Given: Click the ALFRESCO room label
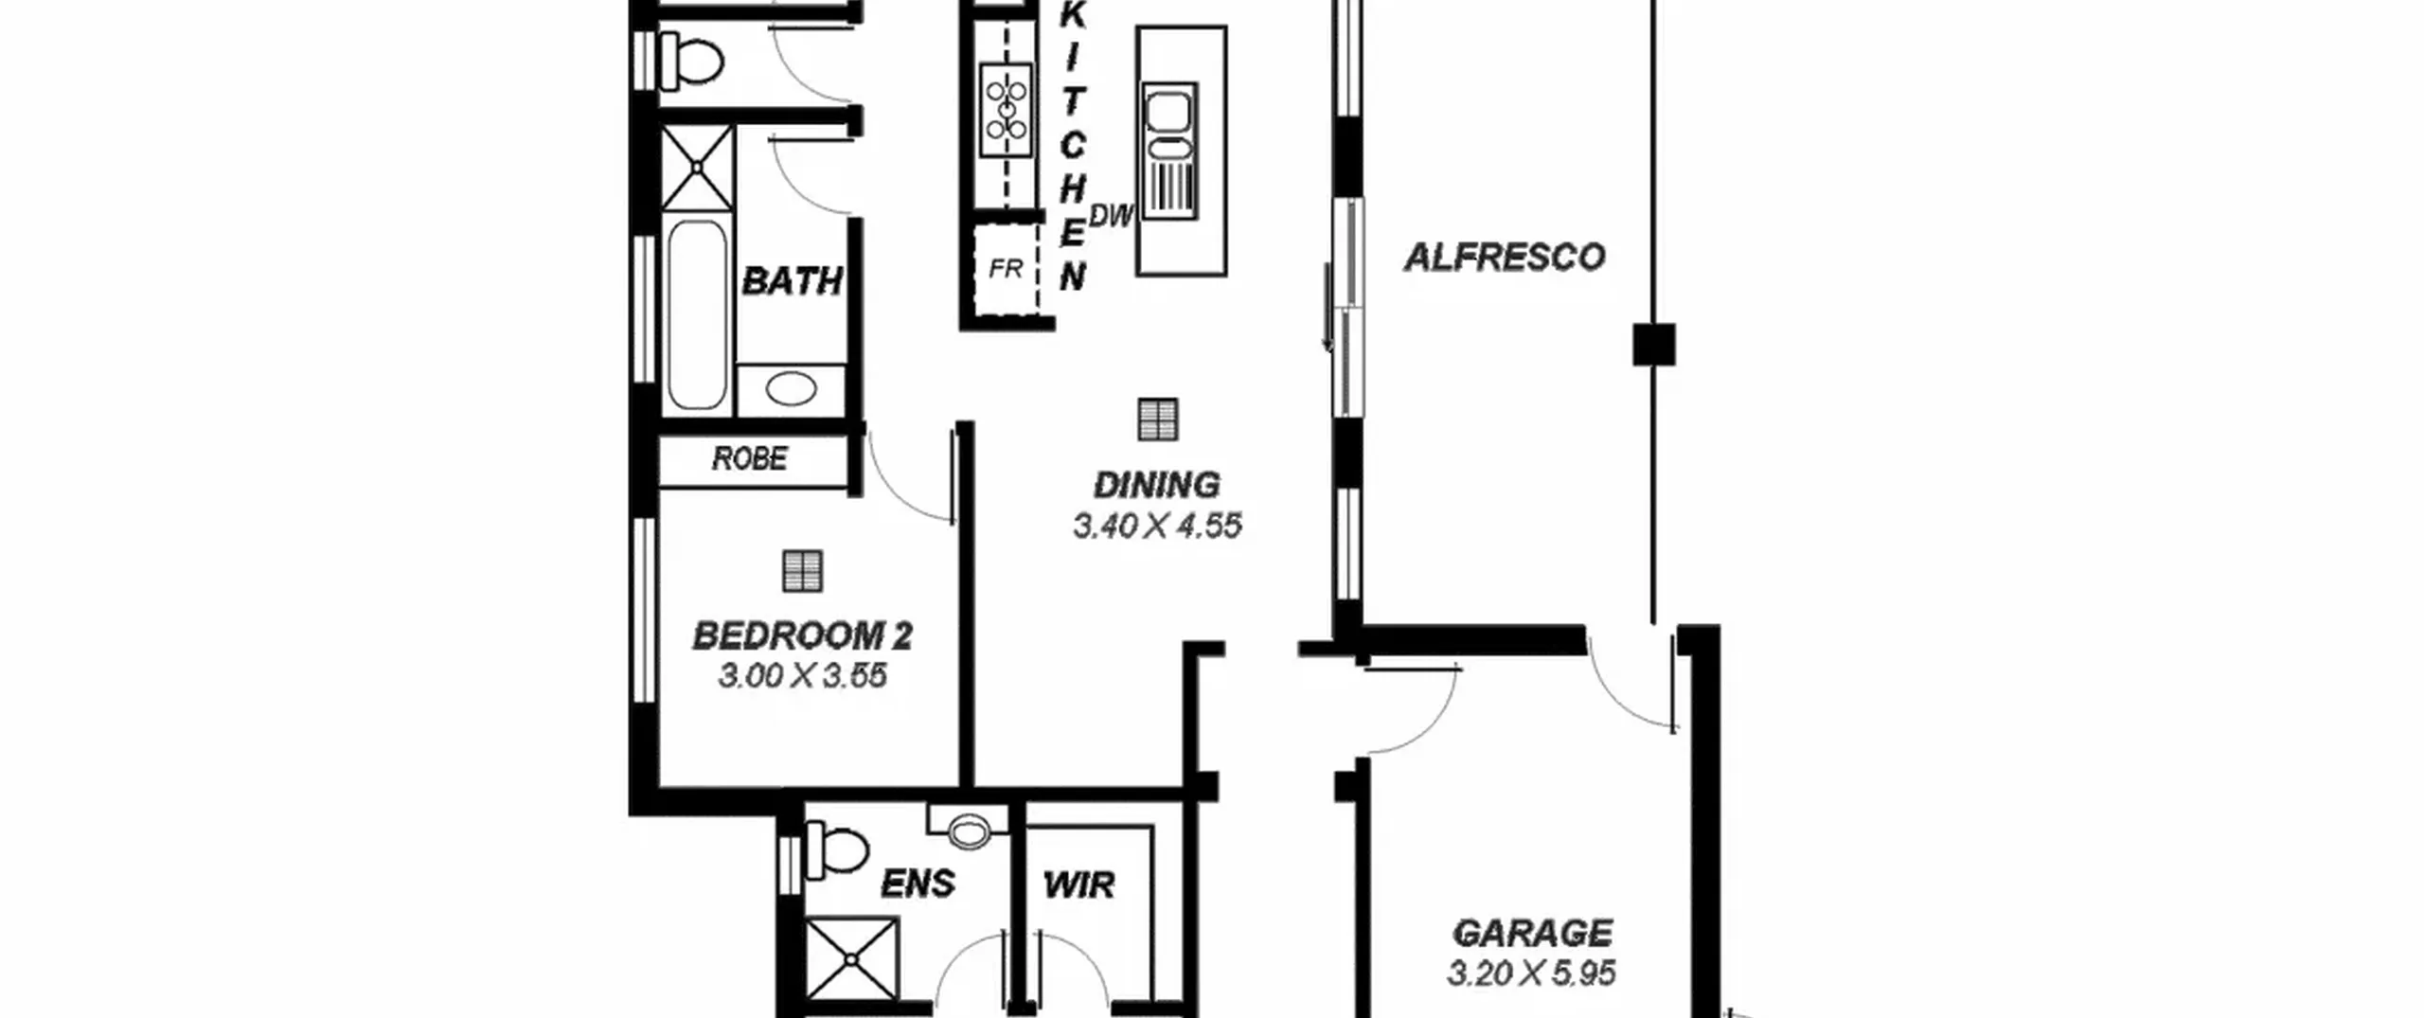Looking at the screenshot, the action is (1504, 258).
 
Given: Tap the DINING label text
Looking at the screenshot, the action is (1156, 485).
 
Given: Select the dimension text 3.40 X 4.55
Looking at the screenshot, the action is (1157, 526).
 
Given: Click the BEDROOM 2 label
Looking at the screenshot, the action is (802, 635).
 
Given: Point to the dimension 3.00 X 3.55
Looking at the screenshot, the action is (802, 676).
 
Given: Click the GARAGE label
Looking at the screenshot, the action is (1532, 933).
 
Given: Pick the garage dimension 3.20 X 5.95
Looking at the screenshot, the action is (1531, 973).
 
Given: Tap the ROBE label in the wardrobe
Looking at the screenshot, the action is (749, 459).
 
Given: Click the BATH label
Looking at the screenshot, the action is (792, 281).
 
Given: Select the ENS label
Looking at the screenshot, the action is (918, 884).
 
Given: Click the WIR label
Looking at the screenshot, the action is (1078, 885).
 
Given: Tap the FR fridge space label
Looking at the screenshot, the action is (1006, 270).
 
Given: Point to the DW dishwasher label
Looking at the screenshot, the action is (1111, 216).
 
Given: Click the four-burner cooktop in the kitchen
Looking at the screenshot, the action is (1006, 109).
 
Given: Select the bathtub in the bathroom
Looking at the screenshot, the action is (697, 315).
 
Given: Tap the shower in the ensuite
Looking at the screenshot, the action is (851, 959).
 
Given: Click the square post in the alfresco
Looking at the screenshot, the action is (1653, 345).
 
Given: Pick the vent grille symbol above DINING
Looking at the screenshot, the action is (1157, 420).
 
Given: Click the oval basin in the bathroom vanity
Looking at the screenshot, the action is (791, 389).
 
